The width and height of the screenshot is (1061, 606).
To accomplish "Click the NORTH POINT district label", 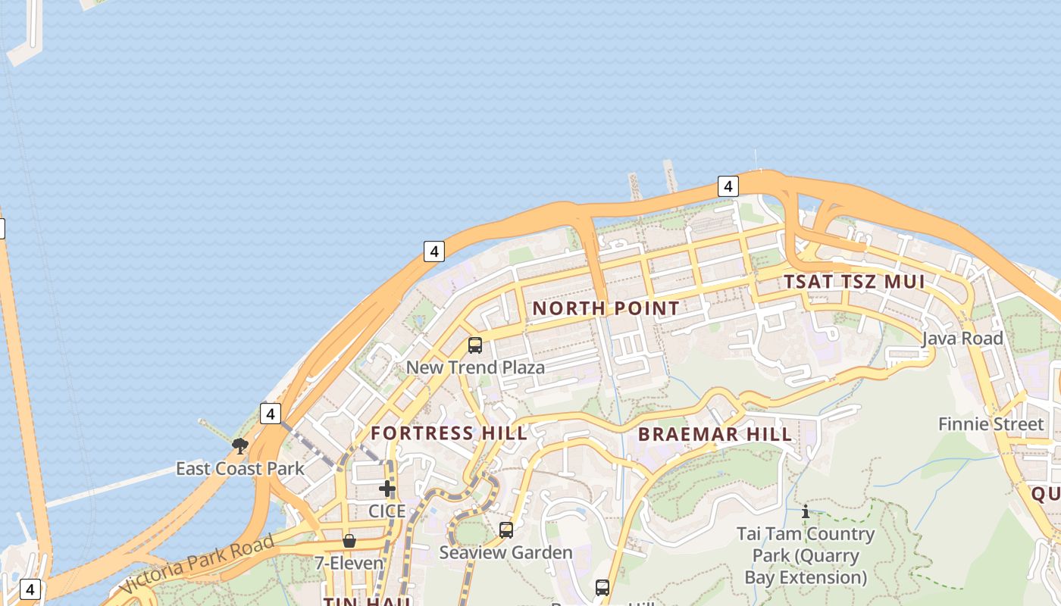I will pyautogui.click(x=606, y=308).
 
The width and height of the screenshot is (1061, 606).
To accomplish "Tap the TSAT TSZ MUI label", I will pyautogui.click(x=854, y=282).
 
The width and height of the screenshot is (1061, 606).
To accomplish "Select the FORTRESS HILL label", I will pyautogui.click(x=449, y=433).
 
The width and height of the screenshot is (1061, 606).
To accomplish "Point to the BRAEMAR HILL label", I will pyautogui.click(x=715, y=434).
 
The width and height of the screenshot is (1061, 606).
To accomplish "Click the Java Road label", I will pyautogui.click(x=962, y=339).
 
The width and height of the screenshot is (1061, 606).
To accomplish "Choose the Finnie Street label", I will pyautogui.click(x=991, y=423).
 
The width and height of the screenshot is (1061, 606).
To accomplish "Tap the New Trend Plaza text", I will pyautogui.click(x=475, y=367).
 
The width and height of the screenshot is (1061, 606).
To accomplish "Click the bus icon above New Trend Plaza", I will pyautogui.click(x=475, y=345).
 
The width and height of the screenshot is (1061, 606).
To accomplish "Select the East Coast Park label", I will pyautogui.click(x=240, y=468).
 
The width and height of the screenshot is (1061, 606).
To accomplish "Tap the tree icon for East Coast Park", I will pyautogui.click(x=240, y=446).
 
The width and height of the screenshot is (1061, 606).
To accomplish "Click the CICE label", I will pyautogui.click(x=387, y=511).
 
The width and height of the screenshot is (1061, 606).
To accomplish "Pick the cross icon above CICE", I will pyautogui.click(x=387, y=489).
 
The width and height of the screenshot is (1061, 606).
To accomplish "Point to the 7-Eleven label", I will pyautogui.click(x=349, y=564).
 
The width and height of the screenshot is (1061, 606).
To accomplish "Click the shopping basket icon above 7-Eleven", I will pyautogui.click(x=349, y=541).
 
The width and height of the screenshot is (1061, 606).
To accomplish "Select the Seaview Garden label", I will pyautogui.click(x=505, y=552).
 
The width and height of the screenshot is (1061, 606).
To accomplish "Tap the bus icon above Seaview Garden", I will pyautogui.click(x=505, y=530).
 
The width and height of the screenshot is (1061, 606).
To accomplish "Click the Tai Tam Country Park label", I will pyautogui.click(x=806, y=555).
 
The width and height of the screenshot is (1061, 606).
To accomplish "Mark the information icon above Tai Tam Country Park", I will pyautogui.click(x=806, y=512).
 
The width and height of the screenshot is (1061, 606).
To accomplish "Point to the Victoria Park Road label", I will pyautogui.click(x=196, y=564).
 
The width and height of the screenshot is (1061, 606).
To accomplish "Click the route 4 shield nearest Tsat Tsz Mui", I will pyautogui.click(x=728, y=186).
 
